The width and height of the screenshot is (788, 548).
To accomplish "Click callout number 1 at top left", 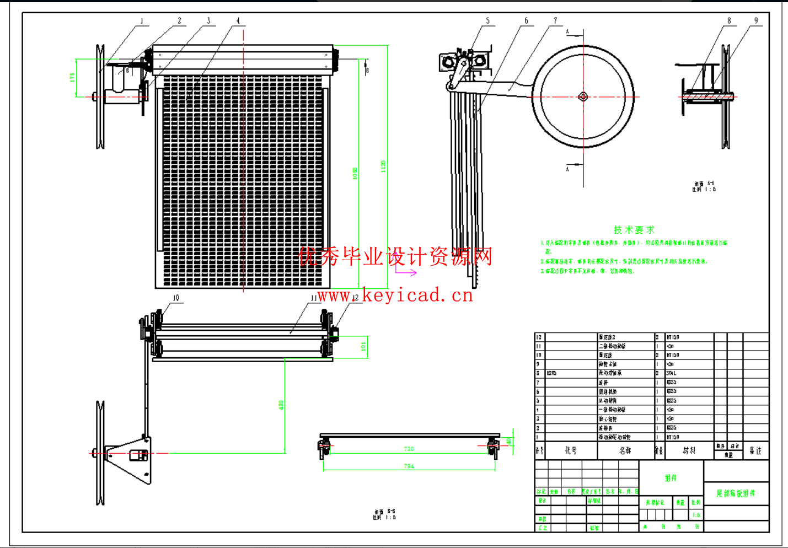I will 142,22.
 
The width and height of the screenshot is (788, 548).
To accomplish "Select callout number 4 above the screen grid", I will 238,22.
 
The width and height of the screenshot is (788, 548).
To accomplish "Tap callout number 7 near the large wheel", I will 555,21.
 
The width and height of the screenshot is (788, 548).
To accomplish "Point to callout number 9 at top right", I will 756,21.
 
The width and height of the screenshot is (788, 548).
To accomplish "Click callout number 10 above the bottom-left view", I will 176,298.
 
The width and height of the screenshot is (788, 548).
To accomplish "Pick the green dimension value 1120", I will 383,166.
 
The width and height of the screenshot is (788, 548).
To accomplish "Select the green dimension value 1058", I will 355,173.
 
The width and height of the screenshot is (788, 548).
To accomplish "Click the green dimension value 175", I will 72,78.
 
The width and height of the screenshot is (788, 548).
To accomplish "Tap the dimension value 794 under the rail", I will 409,466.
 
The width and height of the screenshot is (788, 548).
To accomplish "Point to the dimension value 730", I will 409,449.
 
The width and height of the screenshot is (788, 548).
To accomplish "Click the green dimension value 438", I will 281,405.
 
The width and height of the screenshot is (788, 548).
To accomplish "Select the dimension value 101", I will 363,347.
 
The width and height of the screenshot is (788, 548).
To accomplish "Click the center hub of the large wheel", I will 583,97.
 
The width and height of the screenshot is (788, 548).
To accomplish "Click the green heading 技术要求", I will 634,230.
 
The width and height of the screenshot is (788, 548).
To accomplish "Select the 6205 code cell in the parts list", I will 552,373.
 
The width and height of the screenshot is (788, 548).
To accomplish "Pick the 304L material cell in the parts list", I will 672,373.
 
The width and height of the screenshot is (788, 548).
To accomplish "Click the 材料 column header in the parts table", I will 689,450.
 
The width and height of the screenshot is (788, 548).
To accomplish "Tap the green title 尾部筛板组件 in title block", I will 736,493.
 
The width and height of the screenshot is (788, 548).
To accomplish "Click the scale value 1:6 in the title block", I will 696,515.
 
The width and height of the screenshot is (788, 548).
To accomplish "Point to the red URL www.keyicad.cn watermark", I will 395,296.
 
